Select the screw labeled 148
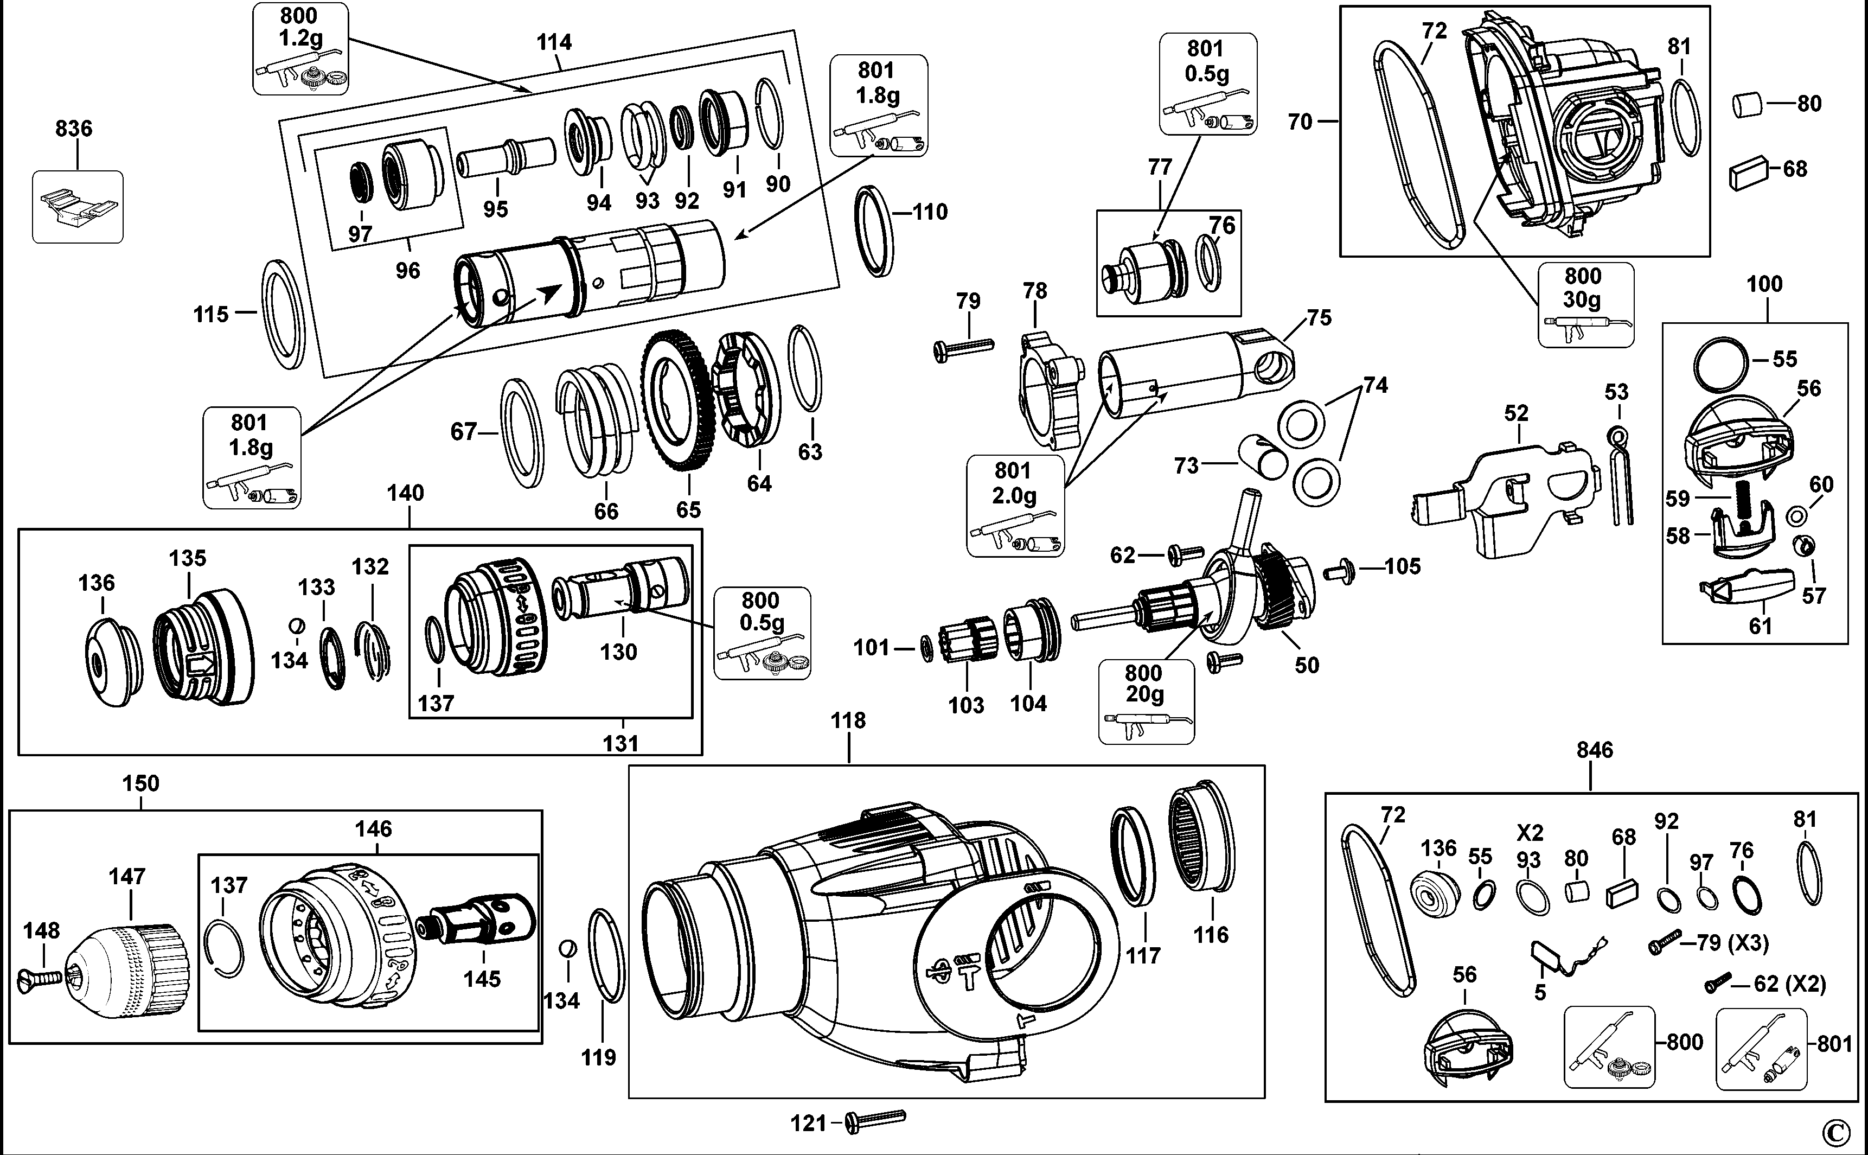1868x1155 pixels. tap(38, 977)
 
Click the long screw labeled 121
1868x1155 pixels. tap(876, 1119)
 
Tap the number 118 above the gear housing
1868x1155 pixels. tap(848, 720)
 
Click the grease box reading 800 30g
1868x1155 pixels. tap(1585, 304)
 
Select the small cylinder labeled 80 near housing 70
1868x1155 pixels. tap(1746, 105)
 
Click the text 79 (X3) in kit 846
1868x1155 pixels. tap(1731, 943)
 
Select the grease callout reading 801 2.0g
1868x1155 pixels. tap(1015, 506)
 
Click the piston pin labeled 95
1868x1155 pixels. tap(506, 158)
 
